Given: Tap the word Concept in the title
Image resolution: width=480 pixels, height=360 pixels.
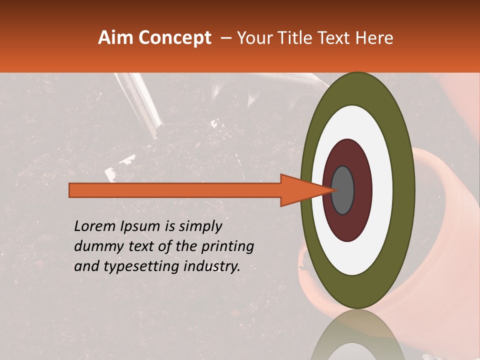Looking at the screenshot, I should point(174,38).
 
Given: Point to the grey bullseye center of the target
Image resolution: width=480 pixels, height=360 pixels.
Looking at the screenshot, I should point(342,190).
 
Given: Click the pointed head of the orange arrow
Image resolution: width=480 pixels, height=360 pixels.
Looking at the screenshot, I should point(305,190).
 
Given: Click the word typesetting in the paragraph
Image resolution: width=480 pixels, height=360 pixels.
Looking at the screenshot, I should point(130,267).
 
